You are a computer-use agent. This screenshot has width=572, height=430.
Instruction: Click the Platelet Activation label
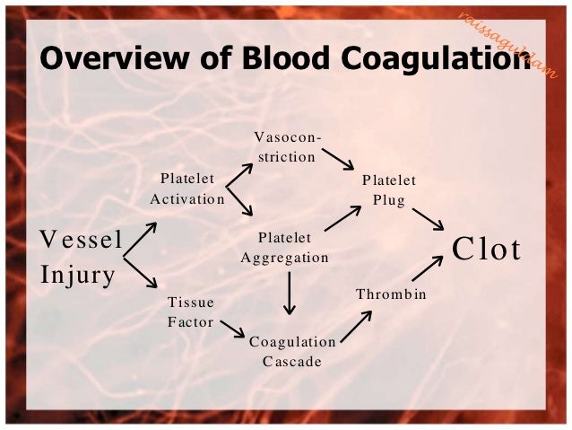(186, 188)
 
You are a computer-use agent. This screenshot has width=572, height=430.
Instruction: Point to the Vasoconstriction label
(285, 146)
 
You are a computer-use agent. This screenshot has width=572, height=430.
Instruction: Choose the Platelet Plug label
(388, 189)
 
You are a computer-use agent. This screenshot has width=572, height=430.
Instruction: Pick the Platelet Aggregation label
(284, 247)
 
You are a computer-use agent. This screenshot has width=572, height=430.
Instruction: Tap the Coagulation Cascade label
(291, 351)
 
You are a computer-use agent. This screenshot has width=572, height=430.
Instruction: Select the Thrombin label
(390, 294)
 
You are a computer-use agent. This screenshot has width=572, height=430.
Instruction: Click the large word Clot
(487, 249)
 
